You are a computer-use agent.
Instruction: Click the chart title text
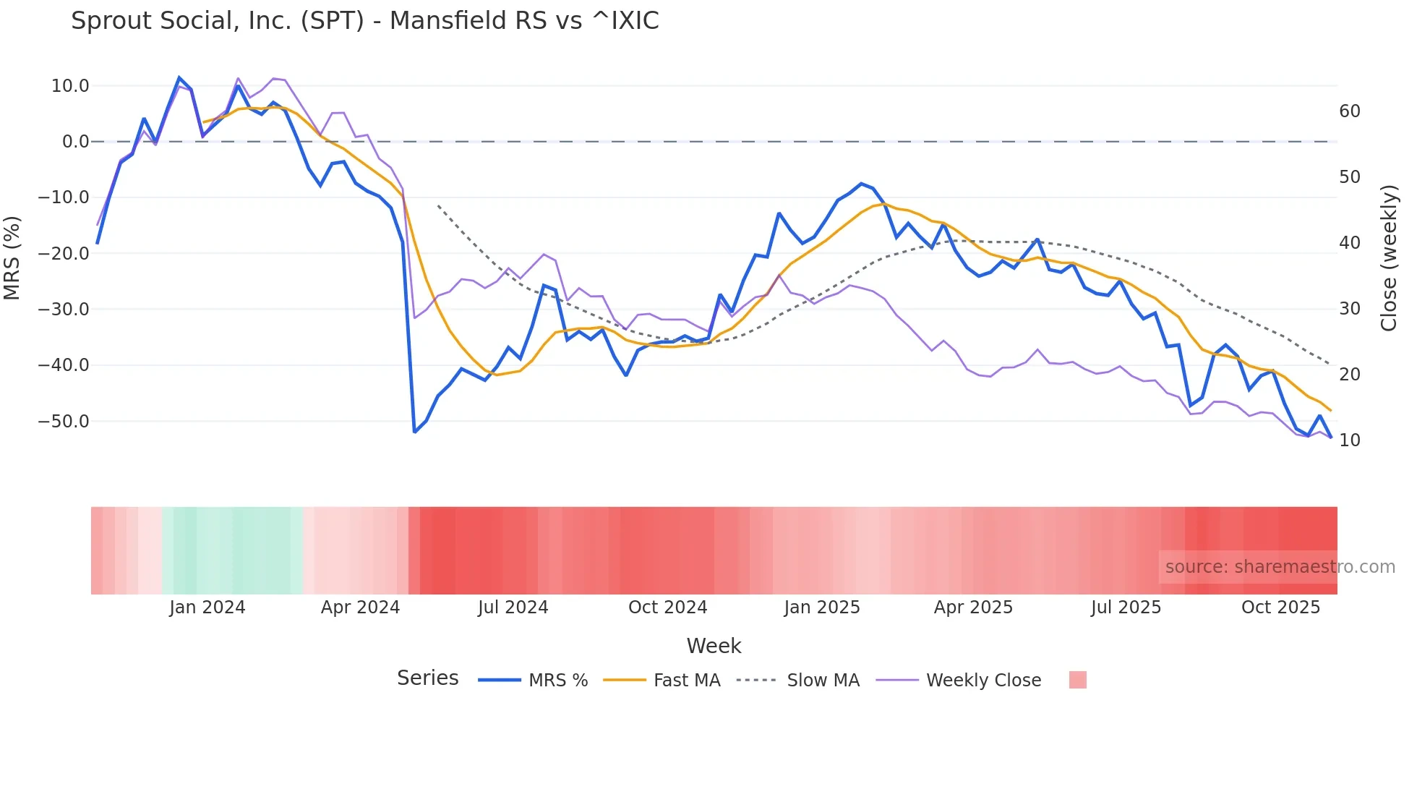click(364, 20)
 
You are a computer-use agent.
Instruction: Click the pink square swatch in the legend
click(1077, 681)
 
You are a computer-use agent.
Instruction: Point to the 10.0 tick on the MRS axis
click(70, 86)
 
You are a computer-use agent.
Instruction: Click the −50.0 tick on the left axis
click(64, 422)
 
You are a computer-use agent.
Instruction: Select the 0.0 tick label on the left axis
click(75, 142)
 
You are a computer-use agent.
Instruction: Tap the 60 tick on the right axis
click(1349, 111)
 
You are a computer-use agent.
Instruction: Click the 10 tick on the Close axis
click(1349, 440)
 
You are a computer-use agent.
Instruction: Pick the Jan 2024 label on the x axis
click(207, 608)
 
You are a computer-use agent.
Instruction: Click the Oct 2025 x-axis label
click(1280, 608)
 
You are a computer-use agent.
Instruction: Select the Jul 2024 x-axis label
click(513, 608)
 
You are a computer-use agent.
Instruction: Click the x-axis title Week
click(714, 646)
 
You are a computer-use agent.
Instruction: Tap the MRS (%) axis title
click(12, 258)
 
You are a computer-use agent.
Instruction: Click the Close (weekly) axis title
click(1389, 258)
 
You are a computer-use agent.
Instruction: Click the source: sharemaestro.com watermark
click(1280, 567)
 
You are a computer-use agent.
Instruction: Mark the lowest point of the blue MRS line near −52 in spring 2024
click(414, 432)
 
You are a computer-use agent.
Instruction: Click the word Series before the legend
click(427, 678)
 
